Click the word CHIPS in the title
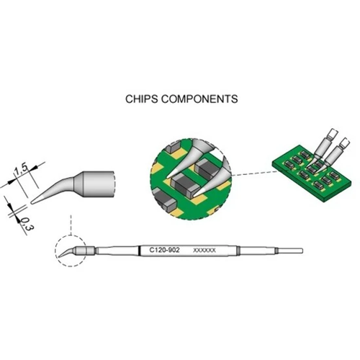[x=140, y=96]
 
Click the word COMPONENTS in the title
[x=197, y=96]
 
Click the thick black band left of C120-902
[x=140, y=251]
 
